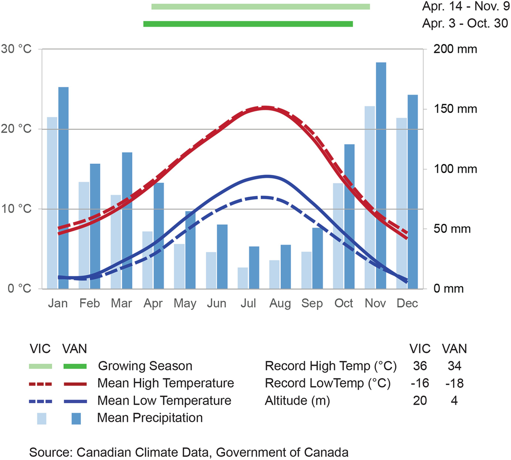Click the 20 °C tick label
coord(16,129)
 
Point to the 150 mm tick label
coord(455,109)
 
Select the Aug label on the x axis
coord(280,303)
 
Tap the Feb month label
coord(89,303)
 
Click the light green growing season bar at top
coord(260,7)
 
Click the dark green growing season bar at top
coord(248,24)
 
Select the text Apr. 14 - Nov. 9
coord(466,6)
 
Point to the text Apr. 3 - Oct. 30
coord(465,23)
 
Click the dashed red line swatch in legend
coord(40,384)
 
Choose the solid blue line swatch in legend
coord(75,401)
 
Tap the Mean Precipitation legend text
coord(150,418)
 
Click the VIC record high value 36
coord(420,366)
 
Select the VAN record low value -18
coord(454,383)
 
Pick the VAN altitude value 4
coord(454,401)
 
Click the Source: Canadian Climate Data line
coord(189,452)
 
